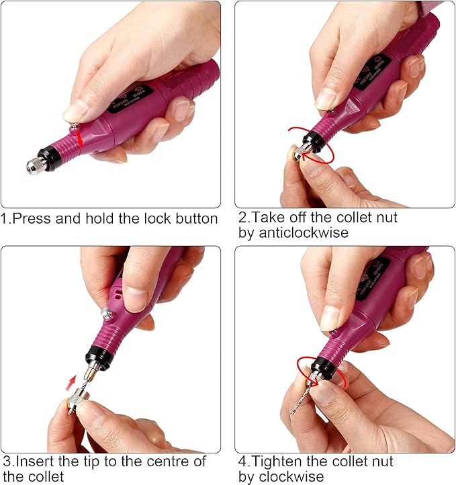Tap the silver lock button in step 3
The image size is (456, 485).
point(106,313)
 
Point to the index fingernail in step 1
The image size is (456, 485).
point(75,110)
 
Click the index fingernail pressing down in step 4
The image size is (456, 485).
point(329,318)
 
